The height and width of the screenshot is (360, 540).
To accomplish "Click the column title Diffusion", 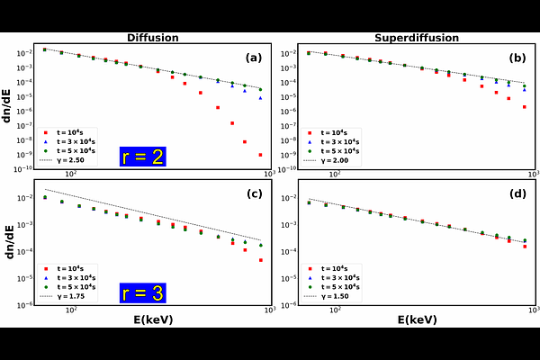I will [152, 38].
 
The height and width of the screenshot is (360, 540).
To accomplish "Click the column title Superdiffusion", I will [416, 38].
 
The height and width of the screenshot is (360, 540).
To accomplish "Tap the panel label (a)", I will [253, 58].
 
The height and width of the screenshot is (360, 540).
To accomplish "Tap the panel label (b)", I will [517, 58].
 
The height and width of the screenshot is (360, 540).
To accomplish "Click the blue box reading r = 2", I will [142, 157].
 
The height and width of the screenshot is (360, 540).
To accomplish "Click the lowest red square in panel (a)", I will [260, 155].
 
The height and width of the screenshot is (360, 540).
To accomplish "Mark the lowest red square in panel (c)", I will [260, 260].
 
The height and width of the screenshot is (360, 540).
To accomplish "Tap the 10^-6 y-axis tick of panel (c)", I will [27, 305].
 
